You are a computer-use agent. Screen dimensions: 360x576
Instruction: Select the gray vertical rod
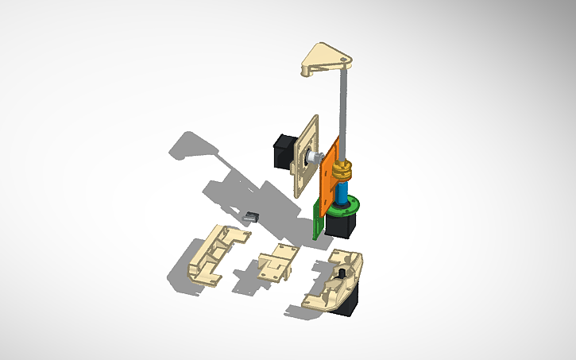tap(344, 111)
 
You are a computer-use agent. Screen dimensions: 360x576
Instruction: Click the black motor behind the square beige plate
tap(282, 151)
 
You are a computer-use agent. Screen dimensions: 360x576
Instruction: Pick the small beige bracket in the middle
tap(277, 261)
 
